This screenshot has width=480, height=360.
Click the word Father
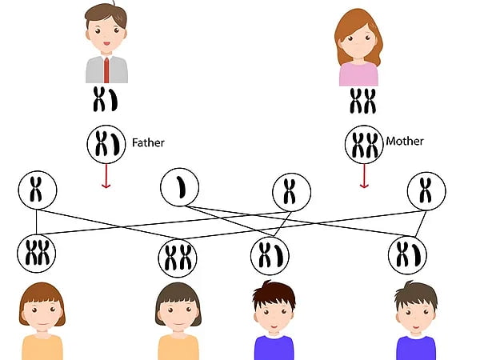pyautogui.click(x=148, y=142)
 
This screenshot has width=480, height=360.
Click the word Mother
pyautogui.click(x=405, y=141)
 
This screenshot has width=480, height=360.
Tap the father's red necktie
pyautogui.click(x=106, y=70)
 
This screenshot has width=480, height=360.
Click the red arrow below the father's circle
pyautogui.click(x=106, y=176)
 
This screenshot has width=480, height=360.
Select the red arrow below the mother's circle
pyautogui.click(x=364, y=176)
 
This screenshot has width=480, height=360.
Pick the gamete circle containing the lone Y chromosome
pyautogui.click(x=180, y=187)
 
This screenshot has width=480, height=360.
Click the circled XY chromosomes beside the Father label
pyautogui.click(x=106, y=144)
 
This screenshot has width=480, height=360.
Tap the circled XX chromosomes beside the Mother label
pyautogui.click(x=364, y=145)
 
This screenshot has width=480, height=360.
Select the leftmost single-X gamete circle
pyautogui.click(x=38, y=190)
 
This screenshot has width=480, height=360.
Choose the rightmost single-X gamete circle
pyautogui.click(x=426, y=191)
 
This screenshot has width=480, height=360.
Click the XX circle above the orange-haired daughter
pyautogui.click(x=37, y=254)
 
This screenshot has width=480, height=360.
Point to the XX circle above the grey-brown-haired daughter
pyautogui.click(x=178, y=258)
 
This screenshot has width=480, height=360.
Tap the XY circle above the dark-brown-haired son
pyautogui.click(x=270, y=256)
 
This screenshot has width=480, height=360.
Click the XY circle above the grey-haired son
pyautogui.click(x=407, y=255)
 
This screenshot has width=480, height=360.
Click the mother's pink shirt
pyautogui.click(x=358, y=74)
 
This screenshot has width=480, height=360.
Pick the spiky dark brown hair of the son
pyautogui.click(x=274, y=294)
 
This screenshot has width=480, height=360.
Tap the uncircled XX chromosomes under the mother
pyautogui.click(x=362, y=101)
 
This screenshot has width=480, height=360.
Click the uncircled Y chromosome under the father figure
pyautogui.click(x=114, y=100)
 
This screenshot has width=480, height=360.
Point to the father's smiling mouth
pyautogui.click(x=106, y=43)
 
